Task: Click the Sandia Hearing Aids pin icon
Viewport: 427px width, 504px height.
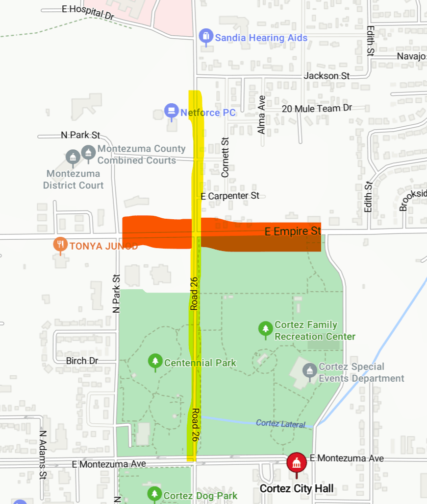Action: pos(206,36)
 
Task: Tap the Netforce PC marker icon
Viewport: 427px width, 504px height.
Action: pos(171,111)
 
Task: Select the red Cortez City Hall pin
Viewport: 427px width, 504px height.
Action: pos(296,461)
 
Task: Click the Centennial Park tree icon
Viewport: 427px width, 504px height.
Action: pos(155,361)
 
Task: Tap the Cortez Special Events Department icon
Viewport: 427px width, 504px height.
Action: pos(309,370)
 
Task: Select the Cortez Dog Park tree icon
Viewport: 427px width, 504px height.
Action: pos(154,494)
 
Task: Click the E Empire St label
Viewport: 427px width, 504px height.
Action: pos(293,231)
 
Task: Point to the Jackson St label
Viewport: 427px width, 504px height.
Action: pos(327,76)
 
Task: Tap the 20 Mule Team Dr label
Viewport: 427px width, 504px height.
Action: pos(317,108)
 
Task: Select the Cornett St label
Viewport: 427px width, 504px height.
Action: pos(225,157)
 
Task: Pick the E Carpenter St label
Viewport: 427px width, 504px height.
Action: pos(230,196)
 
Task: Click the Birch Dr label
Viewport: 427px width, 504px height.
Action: pos(82,361)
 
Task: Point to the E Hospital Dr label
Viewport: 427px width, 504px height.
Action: pos(88,12)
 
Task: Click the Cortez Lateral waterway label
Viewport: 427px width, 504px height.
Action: pos(280,424)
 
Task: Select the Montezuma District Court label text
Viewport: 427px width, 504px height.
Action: pos(73,179)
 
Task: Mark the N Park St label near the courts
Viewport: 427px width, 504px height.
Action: pos(80,135)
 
